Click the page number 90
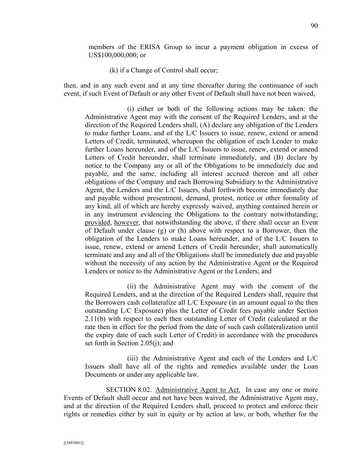(x=314, y=26)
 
